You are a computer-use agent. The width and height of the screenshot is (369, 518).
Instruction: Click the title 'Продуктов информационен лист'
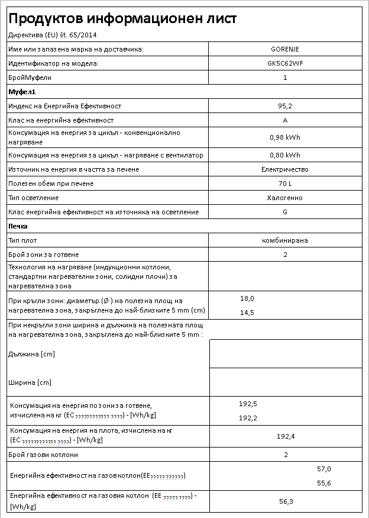point(123,19)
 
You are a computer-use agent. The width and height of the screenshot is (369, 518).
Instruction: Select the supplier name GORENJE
point(285,49)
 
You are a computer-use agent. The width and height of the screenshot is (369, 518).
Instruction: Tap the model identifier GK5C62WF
point(285,63)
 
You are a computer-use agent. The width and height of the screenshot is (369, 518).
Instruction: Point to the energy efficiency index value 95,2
point(285,106)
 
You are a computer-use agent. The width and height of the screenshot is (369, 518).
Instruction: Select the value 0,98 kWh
point(285,137)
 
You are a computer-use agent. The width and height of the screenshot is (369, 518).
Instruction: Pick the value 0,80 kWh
point(285,155)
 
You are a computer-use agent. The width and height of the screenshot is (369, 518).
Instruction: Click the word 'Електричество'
point(285,169)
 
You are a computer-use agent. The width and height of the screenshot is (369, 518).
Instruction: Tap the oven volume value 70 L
point(285,184)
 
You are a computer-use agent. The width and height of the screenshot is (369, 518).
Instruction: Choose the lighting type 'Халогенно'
point(285,198)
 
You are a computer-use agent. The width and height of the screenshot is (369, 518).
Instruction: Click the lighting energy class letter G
point(285,212)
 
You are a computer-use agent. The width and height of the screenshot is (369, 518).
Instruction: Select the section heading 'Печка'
point(18,226)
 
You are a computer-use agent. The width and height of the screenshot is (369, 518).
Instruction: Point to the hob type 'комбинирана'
point(285,240)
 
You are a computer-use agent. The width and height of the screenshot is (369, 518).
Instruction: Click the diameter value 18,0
point(247,298)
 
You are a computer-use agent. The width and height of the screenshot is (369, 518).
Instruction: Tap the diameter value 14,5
point(247,312)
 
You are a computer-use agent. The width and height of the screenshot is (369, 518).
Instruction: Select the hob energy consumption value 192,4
point(286,436)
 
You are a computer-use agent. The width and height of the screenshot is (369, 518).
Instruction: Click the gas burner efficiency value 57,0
point(324,469)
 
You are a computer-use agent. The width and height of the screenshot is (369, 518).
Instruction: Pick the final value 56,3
point(286,501)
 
